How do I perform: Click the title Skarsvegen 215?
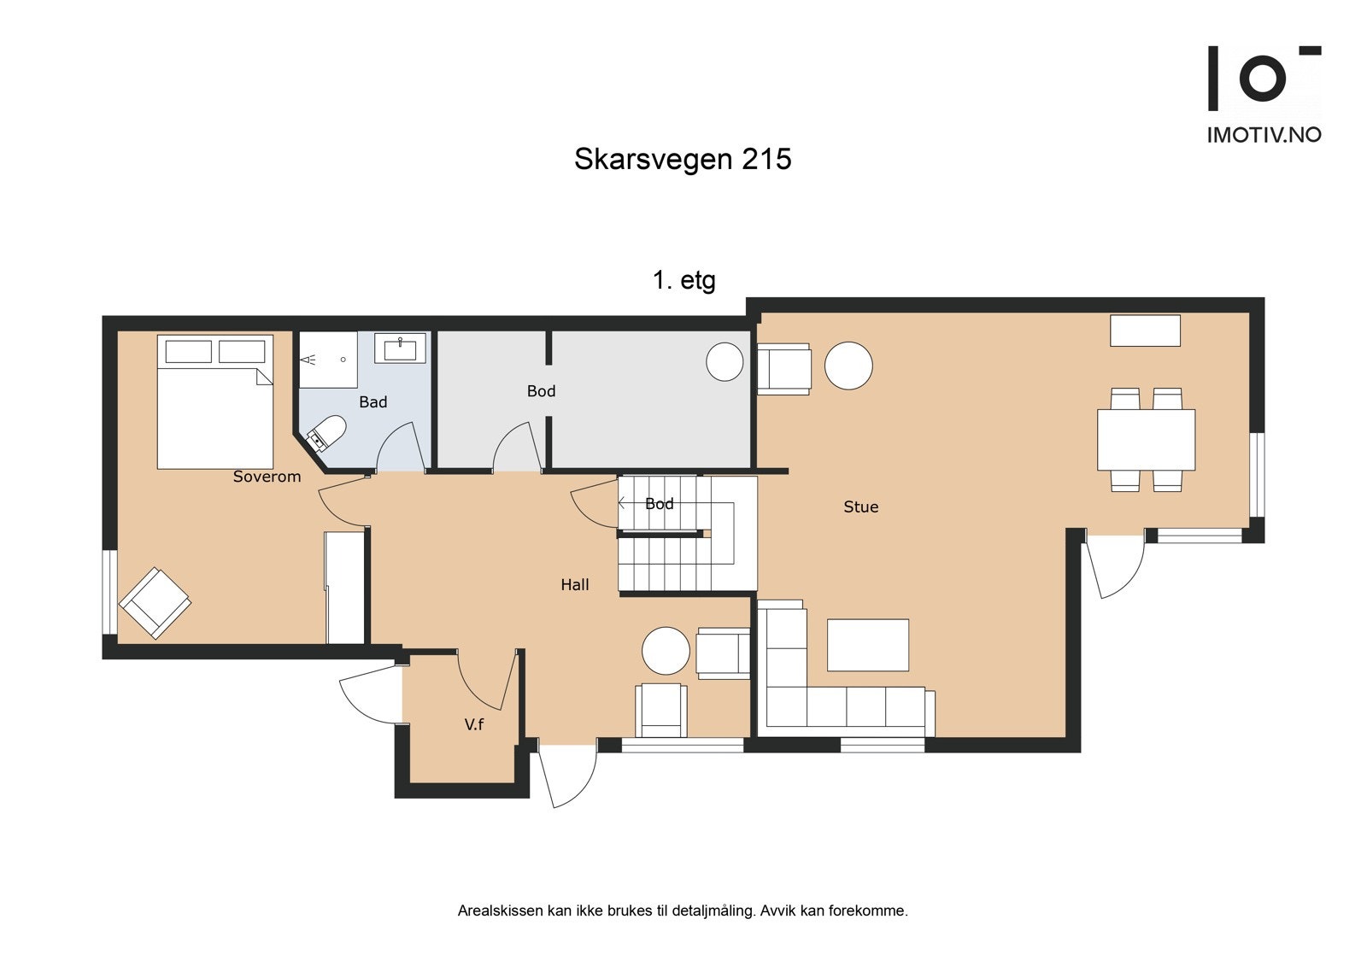pyautogui.click(x=682, y=160)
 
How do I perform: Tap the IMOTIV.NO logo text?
pyautogui.click(x=1263, y=135)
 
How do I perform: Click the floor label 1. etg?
pyautogui.click(x=683, y=280)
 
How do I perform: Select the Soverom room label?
pyautogui.click(x=267, y=477)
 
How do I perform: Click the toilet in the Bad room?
pyautogui.click(x=326, y=432)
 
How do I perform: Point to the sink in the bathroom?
pyautogui.click(x=400, y=348)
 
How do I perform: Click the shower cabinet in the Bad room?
pyautogui.click(x=327, y=360)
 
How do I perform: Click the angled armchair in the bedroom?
pyautogui.click(x=155, y=603)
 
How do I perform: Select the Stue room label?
pyautogui.click(x=860, y=507)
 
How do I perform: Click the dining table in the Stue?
pyautogui.click(x=1146, y=440)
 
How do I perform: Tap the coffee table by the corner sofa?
pyautogui.click(x=867, y=645)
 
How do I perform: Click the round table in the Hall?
pyautogui.click(x=666, y=651)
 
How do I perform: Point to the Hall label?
pyautogui.click(x=575, y=585)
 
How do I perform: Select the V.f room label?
pyautogui.click(x=474, y=724)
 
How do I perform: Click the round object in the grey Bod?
pyautogui.click(x=725, y=361)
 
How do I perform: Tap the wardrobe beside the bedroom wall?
pyautogui.click(x=344, y=588)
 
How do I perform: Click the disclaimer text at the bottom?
pyautogui.click(x=683, y=910)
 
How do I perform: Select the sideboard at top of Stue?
pyautogui.click(x=1145, y=331)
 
